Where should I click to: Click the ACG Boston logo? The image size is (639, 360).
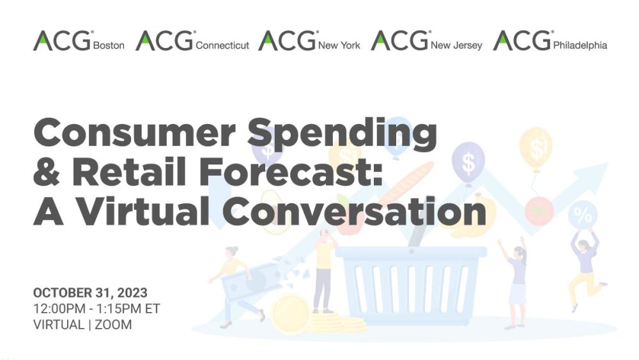pyautogui.click(x=79, y=41)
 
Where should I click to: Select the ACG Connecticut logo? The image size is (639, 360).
pyautogui.click(x=192, y=41)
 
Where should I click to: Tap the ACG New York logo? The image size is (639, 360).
pyautogui.click(x=309, y=41)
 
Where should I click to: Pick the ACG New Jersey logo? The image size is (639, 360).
pyautogui.click(x=426, y=41)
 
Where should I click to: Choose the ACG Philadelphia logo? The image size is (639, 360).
pyautogui.click(x=550, y=41)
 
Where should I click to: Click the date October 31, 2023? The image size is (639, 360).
pyautogui.click(x=90, y=293)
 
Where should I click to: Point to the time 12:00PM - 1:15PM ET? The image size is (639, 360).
pyautogui.click(x=96, y=309)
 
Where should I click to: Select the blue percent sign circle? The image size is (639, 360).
pyautogui.click(x=583, y=215)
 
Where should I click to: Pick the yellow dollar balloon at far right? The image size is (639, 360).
pyautogui.click(x=535, y=146)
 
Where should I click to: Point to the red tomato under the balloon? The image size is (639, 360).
pyautogui.click(x=539, y=209)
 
